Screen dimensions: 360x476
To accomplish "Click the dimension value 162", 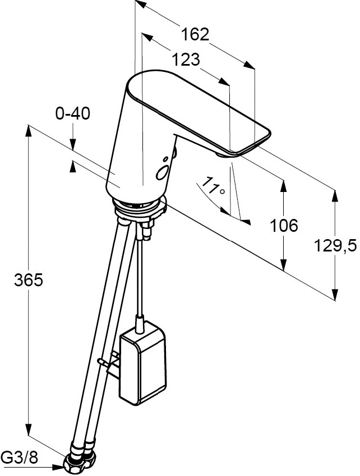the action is (195, 34).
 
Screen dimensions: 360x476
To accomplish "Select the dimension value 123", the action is (186, 59).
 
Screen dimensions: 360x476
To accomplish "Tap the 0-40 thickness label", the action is (73, 114).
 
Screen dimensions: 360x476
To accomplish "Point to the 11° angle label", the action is (213, 186).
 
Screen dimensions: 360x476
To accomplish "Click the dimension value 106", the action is (284, 226).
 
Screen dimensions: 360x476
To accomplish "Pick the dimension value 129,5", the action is (335, 245).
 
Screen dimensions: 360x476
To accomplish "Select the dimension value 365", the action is (29, 280).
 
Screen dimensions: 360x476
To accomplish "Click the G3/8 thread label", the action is (20, 457).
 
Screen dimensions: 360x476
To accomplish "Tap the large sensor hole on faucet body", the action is (161, 173).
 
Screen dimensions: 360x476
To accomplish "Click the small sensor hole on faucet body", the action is (165, 159).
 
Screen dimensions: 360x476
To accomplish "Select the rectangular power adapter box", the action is (143, 363).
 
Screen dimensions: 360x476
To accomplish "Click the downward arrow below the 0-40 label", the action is (73, 144).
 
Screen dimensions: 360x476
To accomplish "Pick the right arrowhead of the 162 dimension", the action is (249, 65).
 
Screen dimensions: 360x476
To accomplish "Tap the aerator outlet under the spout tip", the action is (224, 155).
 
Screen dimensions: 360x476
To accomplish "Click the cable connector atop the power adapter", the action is (139, 323).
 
